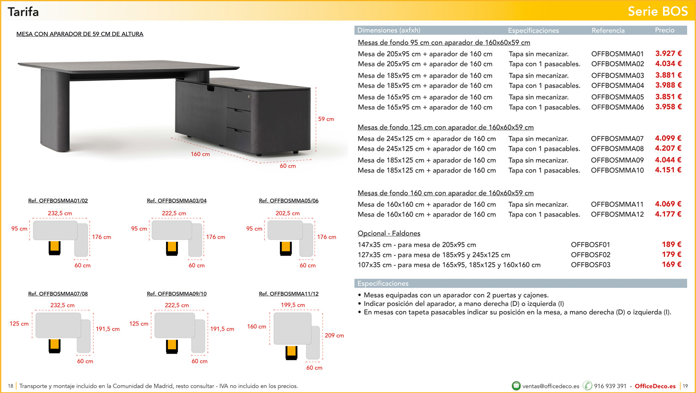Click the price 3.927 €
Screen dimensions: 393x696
(668, 54)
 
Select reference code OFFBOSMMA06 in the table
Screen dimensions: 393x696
(617, 107)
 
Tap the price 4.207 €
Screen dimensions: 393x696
(668, 148)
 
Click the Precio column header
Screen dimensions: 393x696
(665, 30)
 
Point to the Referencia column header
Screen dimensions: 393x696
(608, 30)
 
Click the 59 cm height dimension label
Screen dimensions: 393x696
(326, 119)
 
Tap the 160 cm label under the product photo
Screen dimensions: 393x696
(200, 154)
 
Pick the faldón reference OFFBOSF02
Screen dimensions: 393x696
(590, 254)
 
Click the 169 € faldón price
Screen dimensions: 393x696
(671, 265)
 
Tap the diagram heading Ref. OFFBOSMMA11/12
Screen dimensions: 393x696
(289, 294)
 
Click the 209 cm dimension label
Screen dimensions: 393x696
(334, 336)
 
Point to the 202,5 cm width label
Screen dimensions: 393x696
(288, 213)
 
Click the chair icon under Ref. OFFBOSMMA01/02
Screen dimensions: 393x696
(55, 248)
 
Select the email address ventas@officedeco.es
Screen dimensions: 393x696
(551, 386)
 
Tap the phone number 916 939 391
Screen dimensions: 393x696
(610, 386)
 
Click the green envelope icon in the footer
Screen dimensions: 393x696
(516, 386)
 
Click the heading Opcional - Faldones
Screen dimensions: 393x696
(389, 233)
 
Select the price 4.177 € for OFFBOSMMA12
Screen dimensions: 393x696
(668, 214)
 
